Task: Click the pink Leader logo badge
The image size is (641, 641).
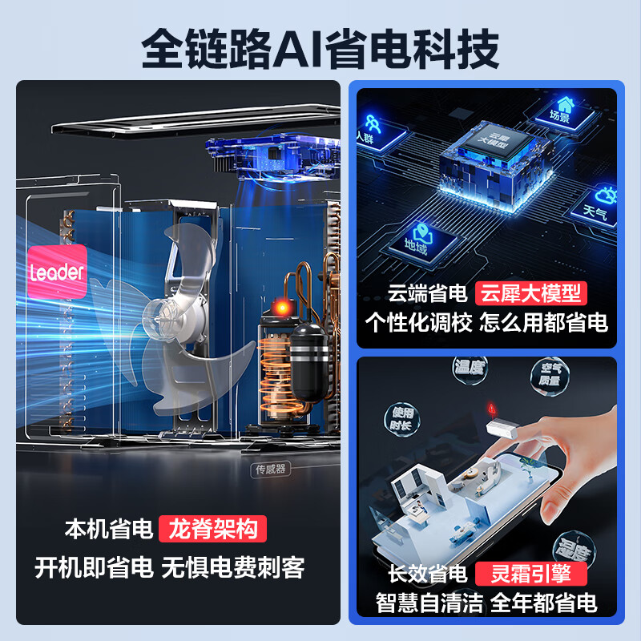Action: tap(57, 272)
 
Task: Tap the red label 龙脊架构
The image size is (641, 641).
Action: tap(212, 529)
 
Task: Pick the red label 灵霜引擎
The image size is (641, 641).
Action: tap(531, 574)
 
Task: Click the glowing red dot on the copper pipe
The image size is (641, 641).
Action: tap(281, 307)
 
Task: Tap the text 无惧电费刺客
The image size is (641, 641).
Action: tap(234, 567)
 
